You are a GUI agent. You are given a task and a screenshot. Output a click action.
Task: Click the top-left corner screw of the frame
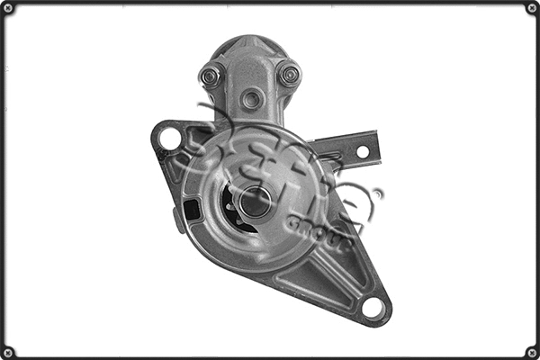8,8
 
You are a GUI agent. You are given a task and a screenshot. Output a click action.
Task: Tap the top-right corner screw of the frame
532,8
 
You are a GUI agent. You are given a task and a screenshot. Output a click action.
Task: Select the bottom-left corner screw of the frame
8,352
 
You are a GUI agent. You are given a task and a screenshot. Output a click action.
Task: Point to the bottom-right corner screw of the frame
532,352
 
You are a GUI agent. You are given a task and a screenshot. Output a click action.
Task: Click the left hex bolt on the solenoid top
211,76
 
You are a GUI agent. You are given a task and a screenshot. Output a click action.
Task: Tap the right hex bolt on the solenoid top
289,75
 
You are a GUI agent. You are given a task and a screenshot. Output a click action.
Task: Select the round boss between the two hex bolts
252,99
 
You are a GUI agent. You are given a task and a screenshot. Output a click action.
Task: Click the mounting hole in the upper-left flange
169,138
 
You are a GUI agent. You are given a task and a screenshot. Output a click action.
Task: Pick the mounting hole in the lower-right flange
373,308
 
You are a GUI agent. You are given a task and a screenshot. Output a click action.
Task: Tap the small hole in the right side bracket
364,151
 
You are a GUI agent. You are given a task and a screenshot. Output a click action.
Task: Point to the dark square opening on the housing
192,210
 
